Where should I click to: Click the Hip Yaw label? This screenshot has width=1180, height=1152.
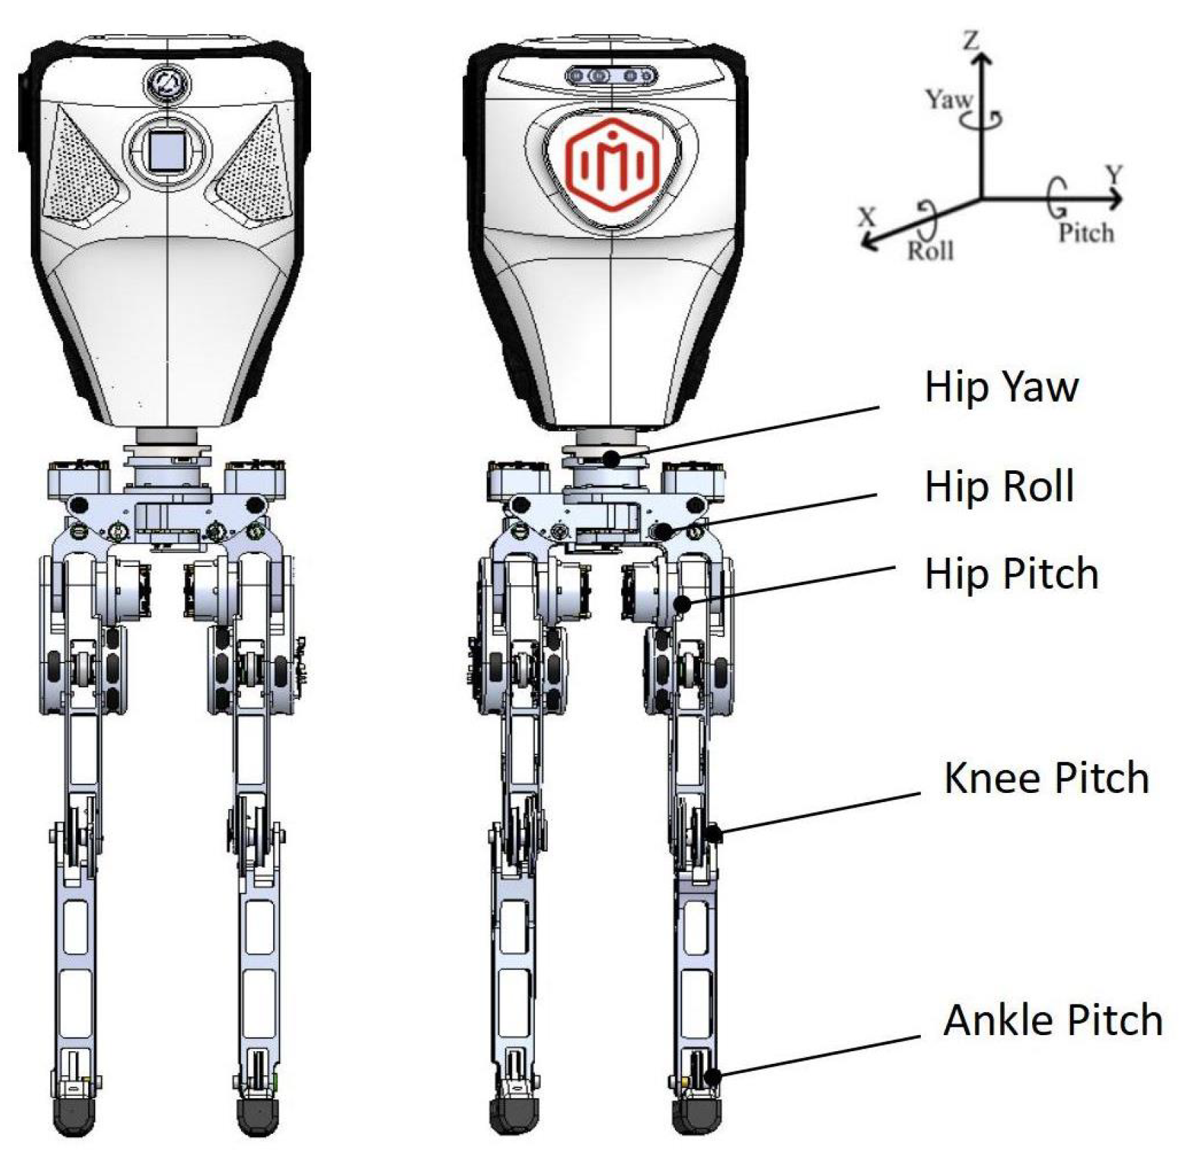[x=1001, y=386]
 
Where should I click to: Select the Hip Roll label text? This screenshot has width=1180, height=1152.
[x=999, y=486]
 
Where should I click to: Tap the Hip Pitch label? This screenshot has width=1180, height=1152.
[x=1011, y=574]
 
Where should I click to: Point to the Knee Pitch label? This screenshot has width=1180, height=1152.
[x=1046, y=778]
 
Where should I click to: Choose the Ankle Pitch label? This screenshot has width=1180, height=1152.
[x=1053, y=1020]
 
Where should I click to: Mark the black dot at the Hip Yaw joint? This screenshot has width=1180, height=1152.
[x=611, y=459]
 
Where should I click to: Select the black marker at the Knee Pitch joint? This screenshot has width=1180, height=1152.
[x=713, y=834]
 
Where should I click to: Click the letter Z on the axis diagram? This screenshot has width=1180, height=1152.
[x=970, y=41]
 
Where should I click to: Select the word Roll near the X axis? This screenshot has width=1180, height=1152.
[x=931, y=250]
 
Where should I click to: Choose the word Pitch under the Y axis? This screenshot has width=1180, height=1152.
[x=1085, y=232]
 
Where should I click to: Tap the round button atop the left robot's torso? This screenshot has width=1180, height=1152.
[x=167, y=83]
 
